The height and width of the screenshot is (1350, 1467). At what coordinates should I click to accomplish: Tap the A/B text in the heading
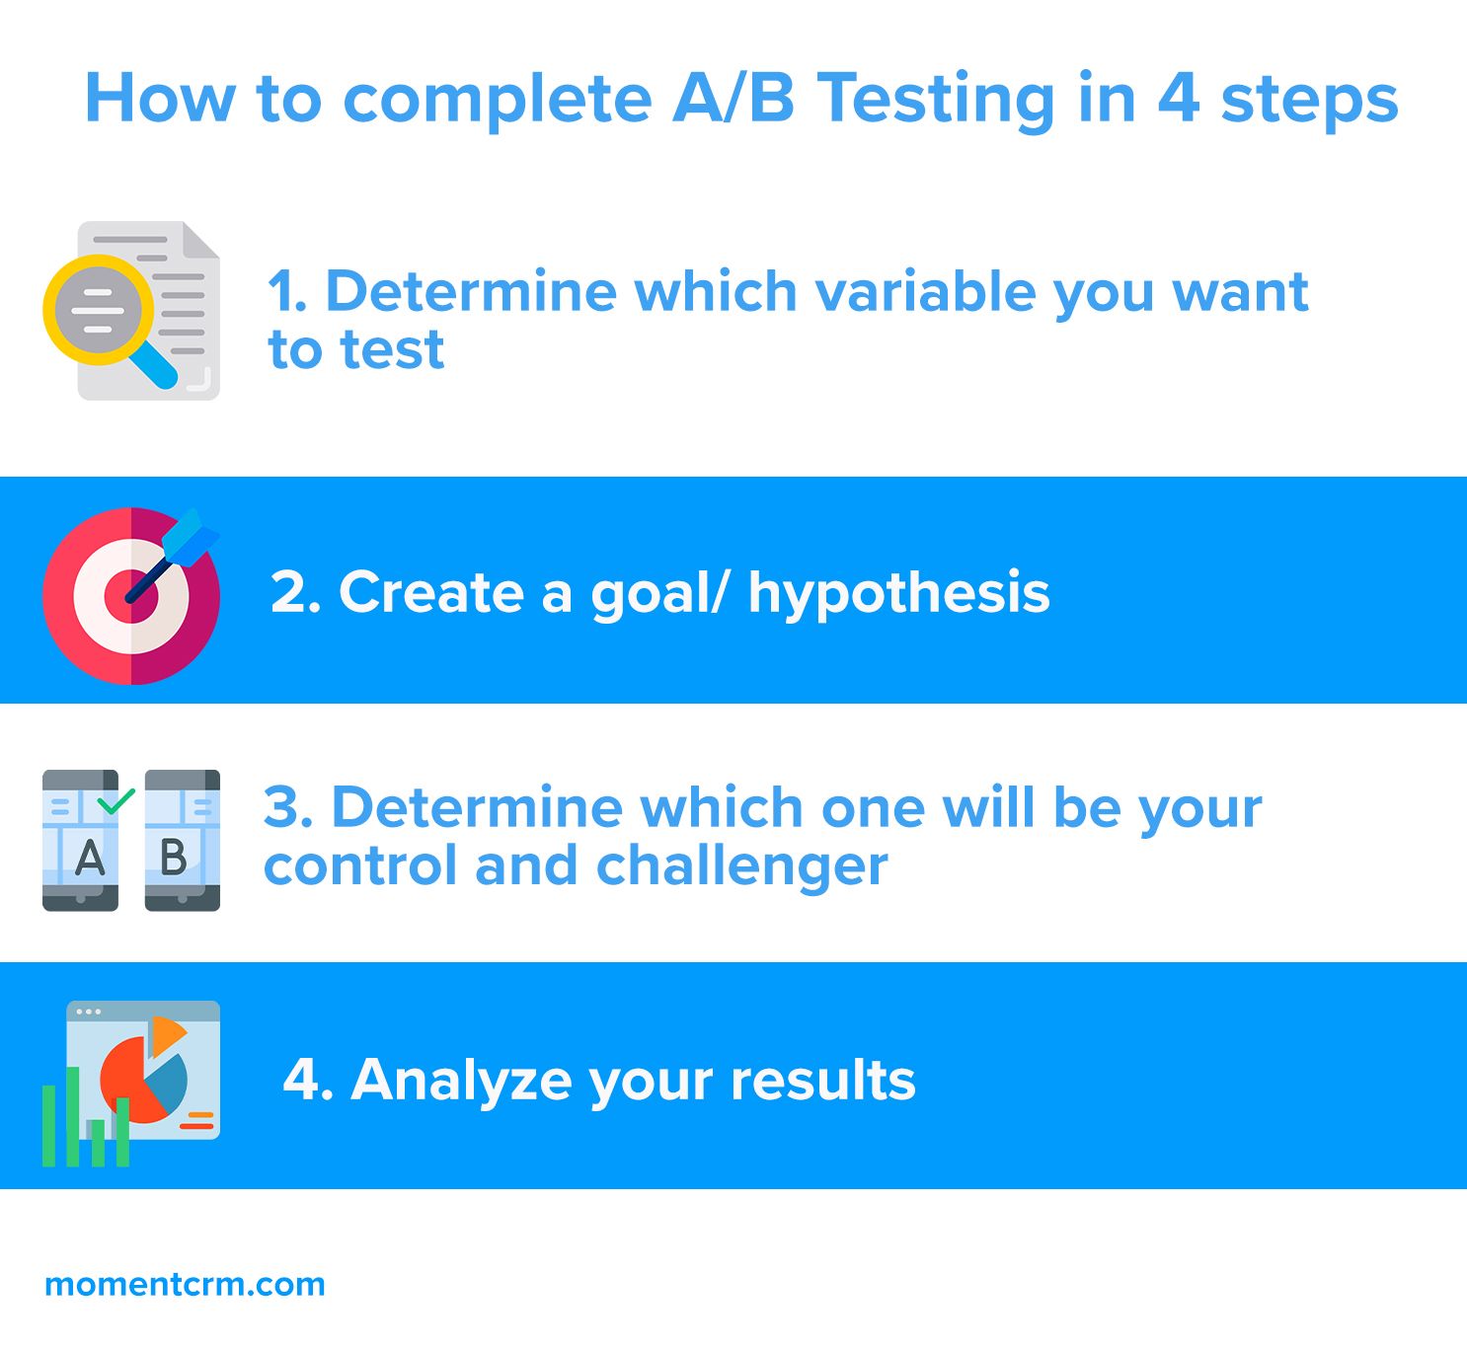(733, 98)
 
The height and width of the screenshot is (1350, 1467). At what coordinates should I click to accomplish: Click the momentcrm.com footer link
(185, 1284)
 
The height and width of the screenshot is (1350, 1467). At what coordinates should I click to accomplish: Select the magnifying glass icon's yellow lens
(99, 309)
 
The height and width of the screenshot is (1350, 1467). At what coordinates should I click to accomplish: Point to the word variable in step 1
(925, 291)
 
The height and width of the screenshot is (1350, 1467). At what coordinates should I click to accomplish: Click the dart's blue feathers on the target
(189, 538)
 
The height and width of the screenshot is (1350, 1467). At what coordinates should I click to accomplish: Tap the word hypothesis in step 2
(898, 595)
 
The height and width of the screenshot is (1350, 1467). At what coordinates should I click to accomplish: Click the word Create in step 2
(431, 592)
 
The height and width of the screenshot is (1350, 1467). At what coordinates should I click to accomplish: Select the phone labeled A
(80, 840)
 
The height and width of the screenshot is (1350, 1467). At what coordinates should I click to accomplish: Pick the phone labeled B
(182, 840)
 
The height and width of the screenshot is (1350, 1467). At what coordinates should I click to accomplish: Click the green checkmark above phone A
(116, 800)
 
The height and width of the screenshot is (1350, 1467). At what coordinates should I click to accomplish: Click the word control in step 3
(359, 865)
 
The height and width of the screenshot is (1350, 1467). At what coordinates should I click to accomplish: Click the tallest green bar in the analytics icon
(72, 1117)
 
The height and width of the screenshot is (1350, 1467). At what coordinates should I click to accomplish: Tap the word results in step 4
(822, 1081)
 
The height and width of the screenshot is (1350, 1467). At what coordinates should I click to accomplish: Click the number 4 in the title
(1178, 98)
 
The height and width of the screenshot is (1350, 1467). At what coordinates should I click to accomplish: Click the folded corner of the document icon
(198, 240)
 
